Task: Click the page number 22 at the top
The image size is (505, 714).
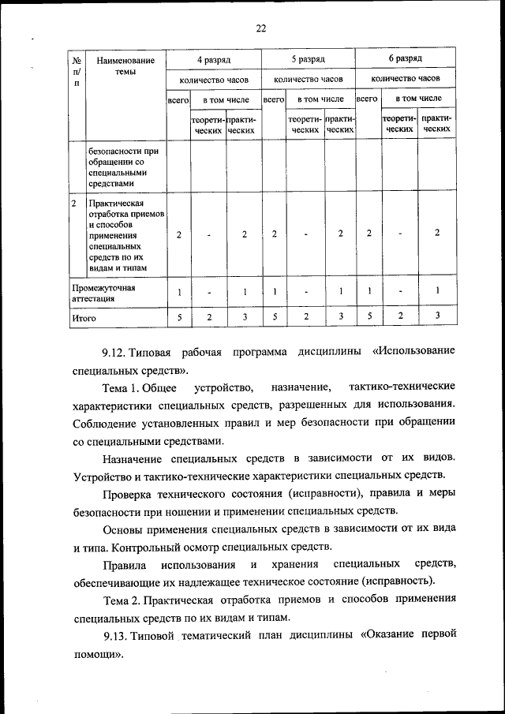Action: pyautogui.click(x=261, y=29)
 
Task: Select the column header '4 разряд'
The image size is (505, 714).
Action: pyautogui.click(x=213, y=60)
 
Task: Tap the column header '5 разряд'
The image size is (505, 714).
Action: pyautogui.click(x=308, y=60)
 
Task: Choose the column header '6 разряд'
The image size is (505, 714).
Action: pyautogui.click(x=405, y=60)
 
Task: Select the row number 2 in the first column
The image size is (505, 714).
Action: pyautogui.click(x=73, y=204)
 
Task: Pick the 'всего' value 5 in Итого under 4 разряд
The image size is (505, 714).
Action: pyautogui.click(x=179, y=317)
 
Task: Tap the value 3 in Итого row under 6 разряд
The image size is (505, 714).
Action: pyautogui.click(x=436, y=316)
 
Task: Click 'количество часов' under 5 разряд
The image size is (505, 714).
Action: pyautogui.click(x=308, y=80)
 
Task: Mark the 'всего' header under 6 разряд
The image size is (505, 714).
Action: pyautogui.click(x=367, y=99)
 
